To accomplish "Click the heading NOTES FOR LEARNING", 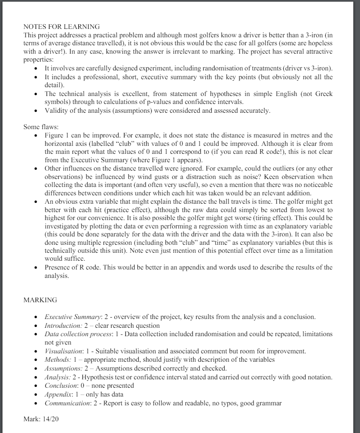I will click(62, 27).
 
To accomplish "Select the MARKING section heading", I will click(40, 300).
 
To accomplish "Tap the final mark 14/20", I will click(41, 419).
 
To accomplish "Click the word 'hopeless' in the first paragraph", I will click(321, 43).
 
